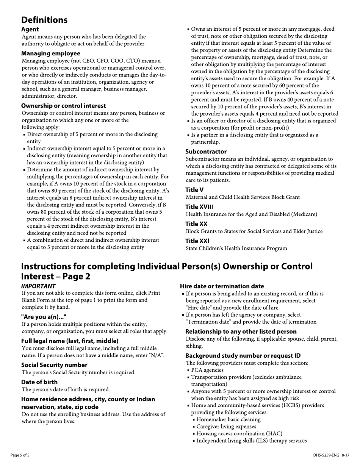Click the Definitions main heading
44,20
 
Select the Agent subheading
30,29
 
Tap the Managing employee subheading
51,53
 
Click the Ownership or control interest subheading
64,106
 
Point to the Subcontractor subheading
206,152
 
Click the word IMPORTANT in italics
38,286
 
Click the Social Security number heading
54,365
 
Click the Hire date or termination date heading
222,286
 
